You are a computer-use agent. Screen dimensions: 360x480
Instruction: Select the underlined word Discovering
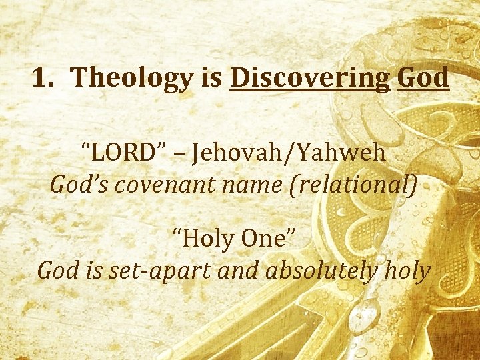click(x=309, y=78)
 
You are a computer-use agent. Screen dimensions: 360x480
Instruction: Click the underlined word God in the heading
click(x=423, y=78)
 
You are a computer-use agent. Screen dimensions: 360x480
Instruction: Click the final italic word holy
click(x=407, y=270)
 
